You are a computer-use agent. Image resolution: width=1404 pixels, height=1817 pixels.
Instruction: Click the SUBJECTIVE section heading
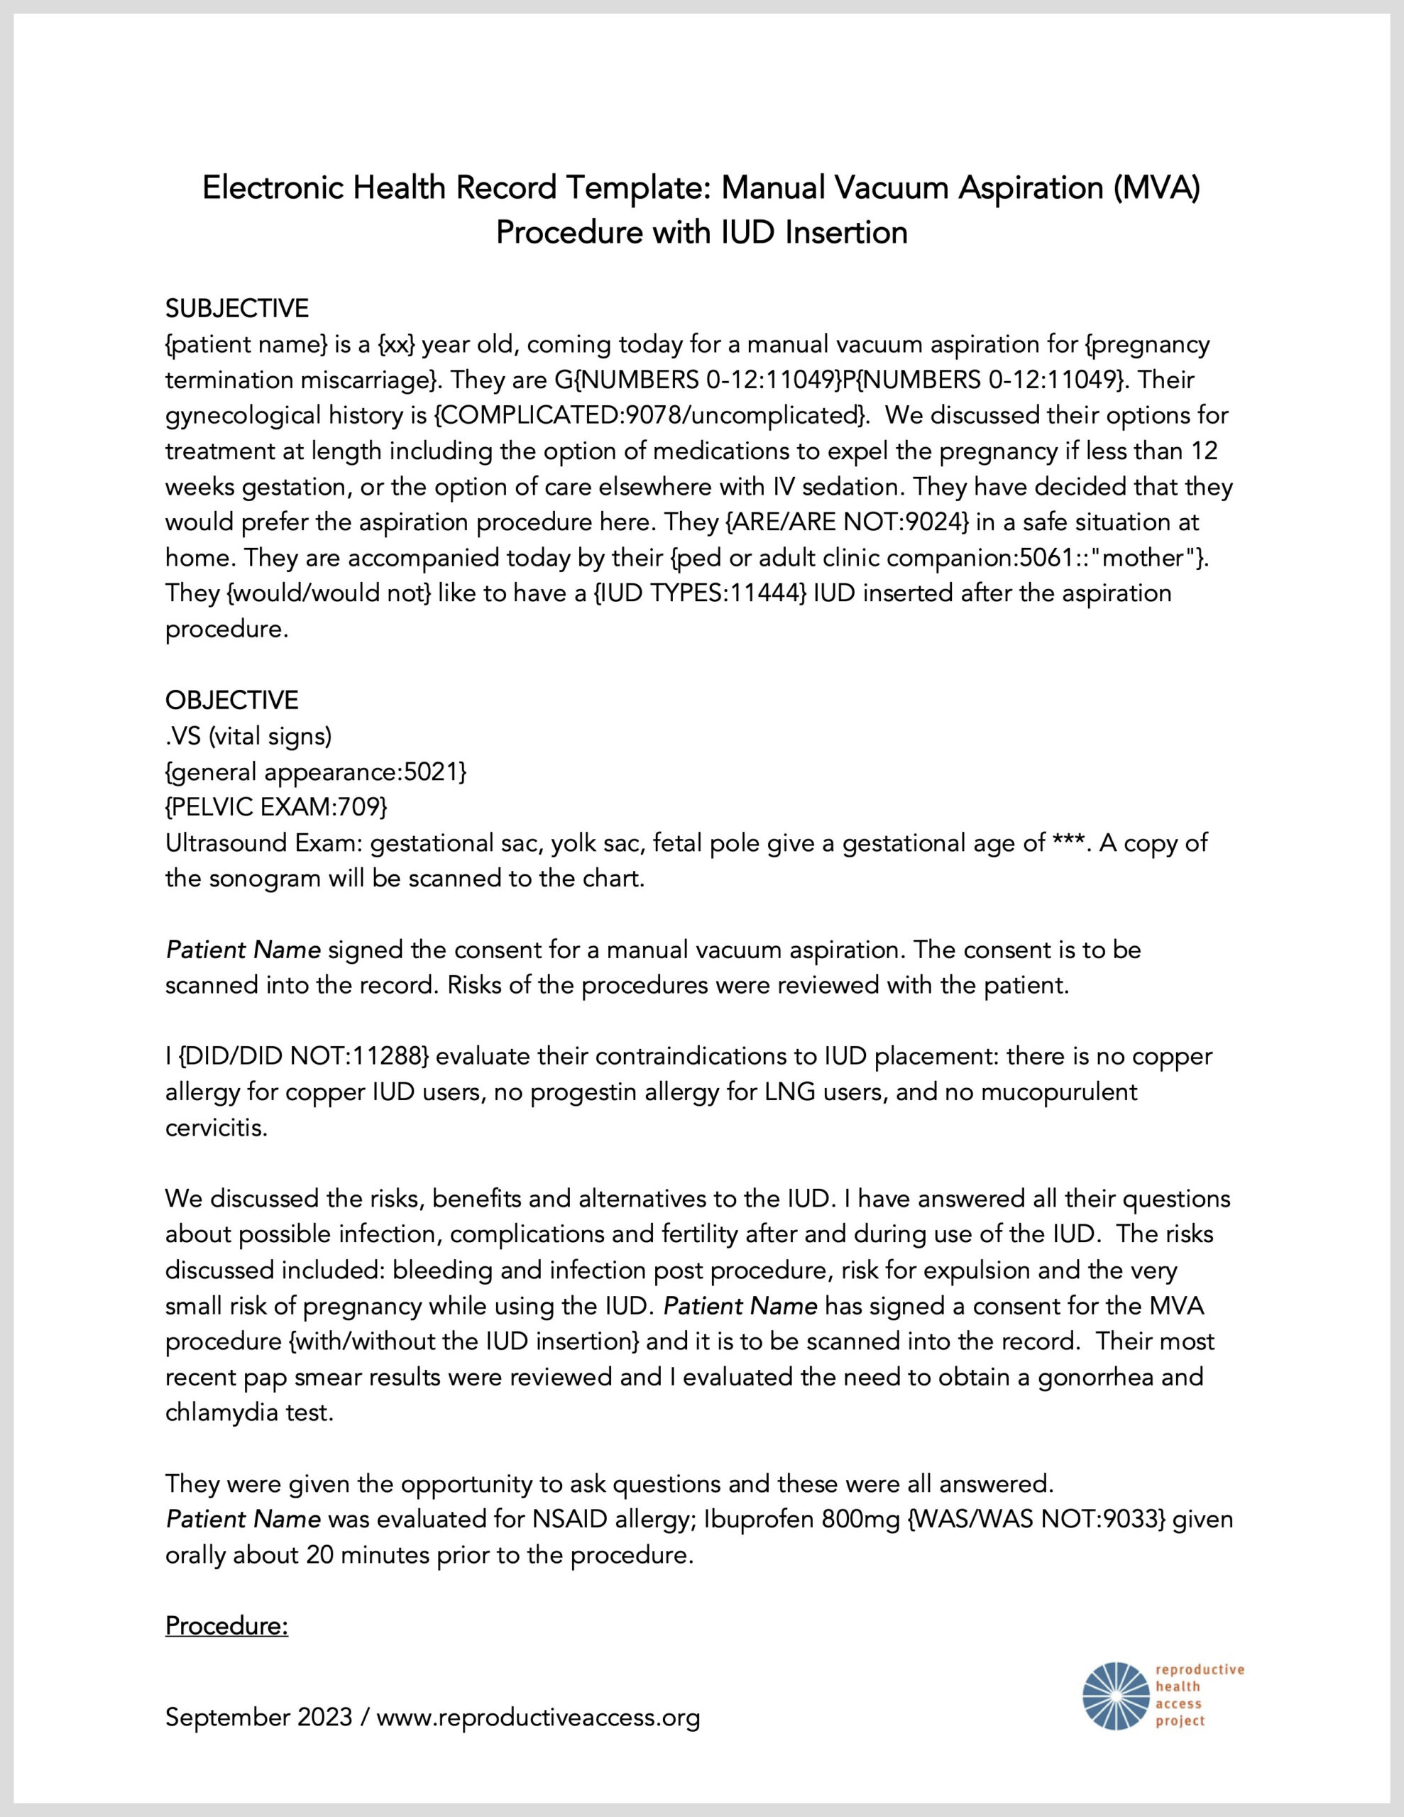(x=237, y=309)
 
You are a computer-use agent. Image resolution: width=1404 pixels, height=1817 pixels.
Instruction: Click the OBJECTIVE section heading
(x=231, y=700)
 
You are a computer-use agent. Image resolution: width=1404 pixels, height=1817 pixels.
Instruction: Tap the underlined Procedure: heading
(x=226, y=1625)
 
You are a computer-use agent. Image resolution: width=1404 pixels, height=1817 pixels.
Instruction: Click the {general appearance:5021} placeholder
(x=317, y=772)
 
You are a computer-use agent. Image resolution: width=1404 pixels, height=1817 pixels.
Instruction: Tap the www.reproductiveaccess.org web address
(x=539, y=1717)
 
